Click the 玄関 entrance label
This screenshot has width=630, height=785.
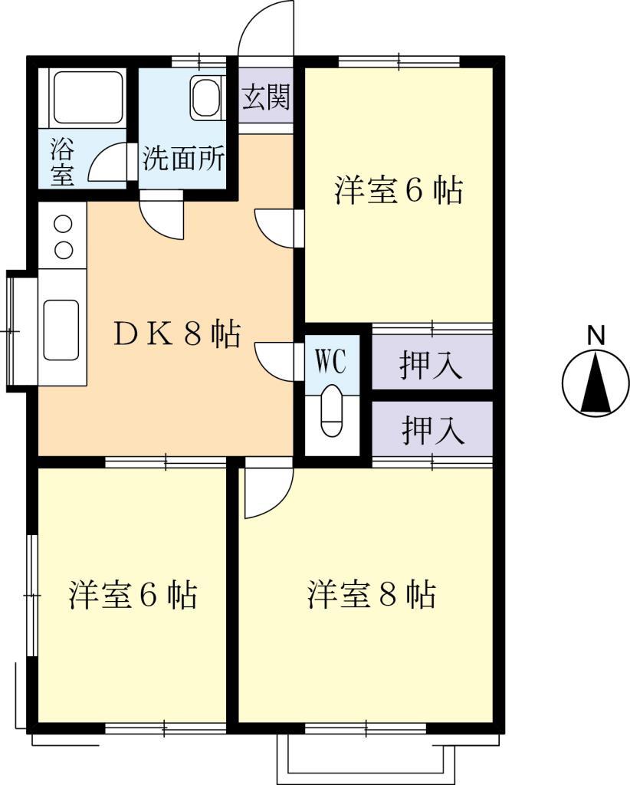tap(266, 97)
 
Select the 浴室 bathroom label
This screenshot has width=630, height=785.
tap(63, 160)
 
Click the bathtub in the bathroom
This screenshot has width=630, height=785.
tap(87, 97)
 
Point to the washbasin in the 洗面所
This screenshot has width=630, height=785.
tap(205, 98)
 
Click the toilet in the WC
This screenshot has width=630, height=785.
tap(332, 411)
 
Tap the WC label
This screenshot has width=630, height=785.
tap(332, 360)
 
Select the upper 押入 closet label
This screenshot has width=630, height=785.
tap(431, 366)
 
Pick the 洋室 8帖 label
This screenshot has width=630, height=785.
tap(372, 594)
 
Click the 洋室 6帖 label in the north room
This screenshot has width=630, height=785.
tap(399, 191)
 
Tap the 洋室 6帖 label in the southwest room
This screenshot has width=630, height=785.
tap(133, 594)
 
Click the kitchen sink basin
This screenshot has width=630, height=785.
tap(61, 329)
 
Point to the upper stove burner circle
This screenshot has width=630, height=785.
tap(63, 225)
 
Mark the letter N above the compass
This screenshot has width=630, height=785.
tap(596, 335)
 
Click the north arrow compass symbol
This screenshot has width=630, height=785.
tap(596, 384)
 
